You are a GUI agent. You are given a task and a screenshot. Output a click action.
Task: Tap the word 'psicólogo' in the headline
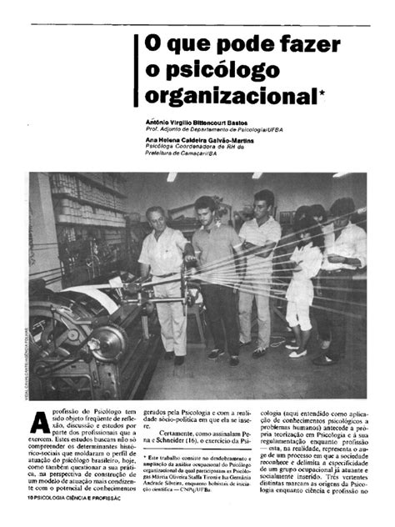[233, 70]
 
